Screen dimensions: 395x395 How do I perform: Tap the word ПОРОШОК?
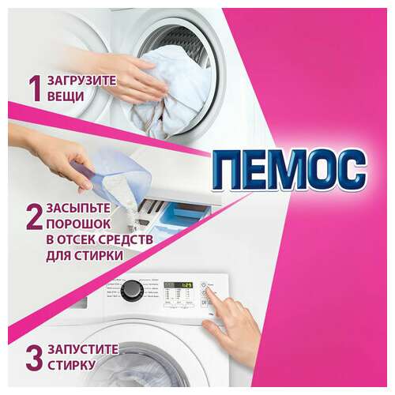61,224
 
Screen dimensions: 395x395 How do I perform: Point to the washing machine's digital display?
175,284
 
